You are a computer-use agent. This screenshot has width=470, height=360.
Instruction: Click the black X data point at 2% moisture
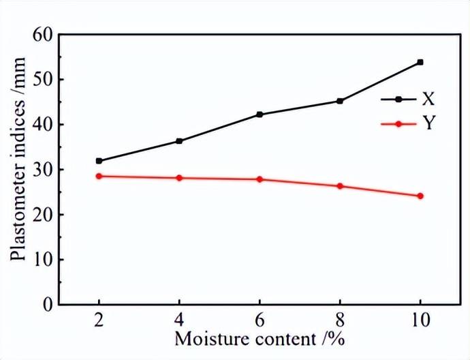(99, 161)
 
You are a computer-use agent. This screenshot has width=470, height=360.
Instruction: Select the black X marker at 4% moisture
(179, 141)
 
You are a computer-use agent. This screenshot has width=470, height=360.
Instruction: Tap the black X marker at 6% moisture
(260, 115)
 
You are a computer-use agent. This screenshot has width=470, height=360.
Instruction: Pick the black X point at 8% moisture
(340, 101)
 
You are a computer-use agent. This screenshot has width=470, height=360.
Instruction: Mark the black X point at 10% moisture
(420, 62)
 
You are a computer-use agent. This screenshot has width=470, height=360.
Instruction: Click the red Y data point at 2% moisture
(99, 176)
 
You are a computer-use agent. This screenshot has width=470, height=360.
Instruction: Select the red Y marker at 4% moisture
(179, 178)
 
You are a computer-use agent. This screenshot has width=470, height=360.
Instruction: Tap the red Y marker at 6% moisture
(260, 179)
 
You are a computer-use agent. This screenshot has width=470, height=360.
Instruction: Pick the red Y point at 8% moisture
(340, 186)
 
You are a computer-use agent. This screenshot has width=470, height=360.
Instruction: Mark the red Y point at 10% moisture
(420, 196)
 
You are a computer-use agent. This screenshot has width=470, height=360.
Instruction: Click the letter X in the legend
(428, 100)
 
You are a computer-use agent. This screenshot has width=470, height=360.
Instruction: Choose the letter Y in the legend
(428, 124)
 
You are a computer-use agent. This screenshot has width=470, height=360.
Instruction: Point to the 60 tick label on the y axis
(42, 35)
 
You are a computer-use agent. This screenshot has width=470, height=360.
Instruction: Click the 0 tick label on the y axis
(48, 305)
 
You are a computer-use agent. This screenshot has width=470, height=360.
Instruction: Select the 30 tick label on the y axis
(42, 170)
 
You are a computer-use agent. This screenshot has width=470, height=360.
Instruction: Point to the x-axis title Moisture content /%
(259, 339)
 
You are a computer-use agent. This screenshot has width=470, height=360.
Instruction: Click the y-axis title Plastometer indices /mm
(19, 169)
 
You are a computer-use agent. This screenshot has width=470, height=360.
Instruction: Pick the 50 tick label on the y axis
(42, 80)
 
